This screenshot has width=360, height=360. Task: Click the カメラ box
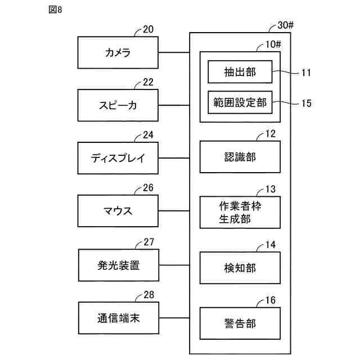point(118,52)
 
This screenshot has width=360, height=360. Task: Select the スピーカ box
point(118,105)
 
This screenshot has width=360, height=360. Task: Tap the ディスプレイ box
point(118,158)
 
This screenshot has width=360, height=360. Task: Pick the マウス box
point(118,211)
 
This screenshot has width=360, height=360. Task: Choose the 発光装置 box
point(119,265)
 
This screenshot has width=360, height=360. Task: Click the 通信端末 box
point(119,318)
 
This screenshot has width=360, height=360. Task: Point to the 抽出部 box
point(240,72)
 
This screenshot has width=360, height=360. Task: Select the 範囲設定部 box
point(240,102)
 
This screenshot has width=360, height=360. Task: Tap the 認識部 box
point(240,157)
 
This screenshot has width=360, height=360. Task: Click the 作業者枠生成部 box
point(240,213)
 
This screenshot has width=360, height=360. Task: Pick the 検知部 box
point(240,268)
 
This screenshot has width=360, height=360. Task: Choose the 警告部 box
point(240,323)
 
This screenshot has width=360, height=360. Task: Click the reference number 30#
point(285,25)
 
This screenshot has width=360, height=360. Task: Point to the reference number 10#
point(273,44)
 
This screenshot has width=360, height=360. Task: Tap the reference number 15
point(306,103)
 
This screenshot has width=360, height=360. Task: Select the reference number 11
point(306,73)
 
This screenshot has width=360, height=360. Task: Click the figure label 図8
point(55,10)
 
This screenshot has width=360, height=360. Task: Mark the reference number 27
point(148,242)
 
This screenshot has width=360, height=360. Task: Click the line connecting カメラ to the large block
point(174,52)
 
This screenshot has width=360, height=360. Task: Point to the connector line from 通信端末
point(174,318)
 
